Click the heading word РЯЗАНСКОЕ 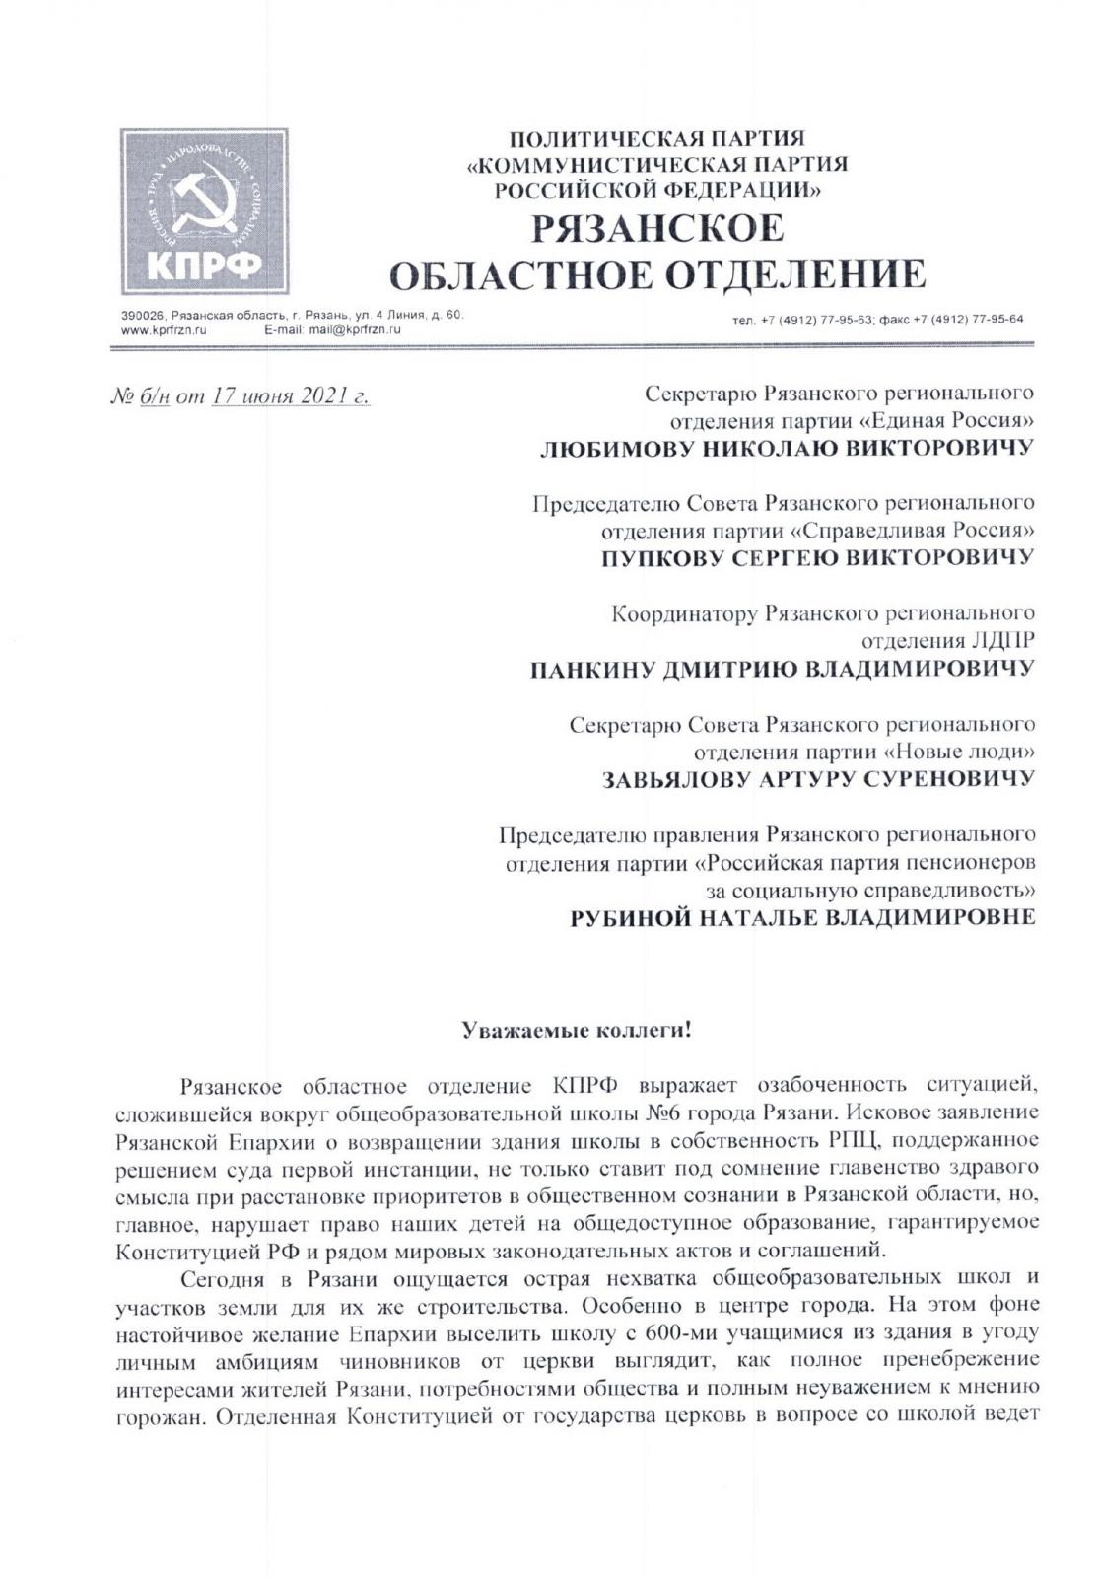pyautogui.click(x=657, y=229)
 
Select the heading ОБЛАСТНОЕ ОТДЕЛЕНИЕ pyautogui.click(x=657, y=275)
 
